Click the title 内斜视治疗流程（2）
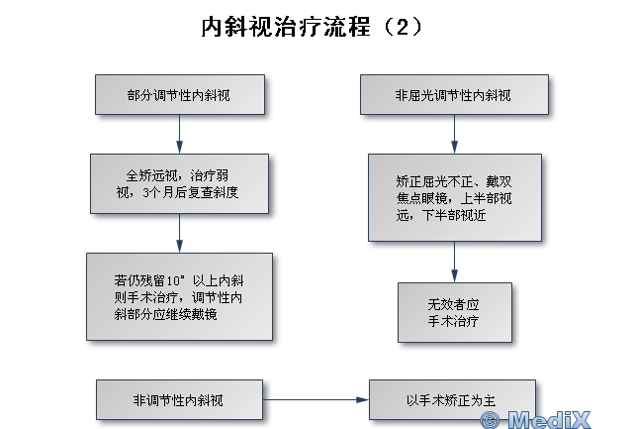(312, 27)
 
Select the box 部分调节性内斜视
(180, 95)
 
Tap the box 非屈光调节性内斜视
(454, 95)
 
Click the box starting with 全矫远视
(180, 183)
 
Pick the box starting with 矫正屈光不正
(454, 197)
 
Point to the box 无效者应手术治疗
(454, 313)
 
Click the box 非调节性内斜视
(180, 400)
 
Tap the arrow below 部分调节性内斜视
(180, 134)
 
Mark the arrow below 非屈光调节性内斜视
(454, 134)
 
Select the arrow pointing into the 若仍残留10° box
(180, 234)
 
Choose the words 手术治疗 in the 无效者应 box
(454, 322)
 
